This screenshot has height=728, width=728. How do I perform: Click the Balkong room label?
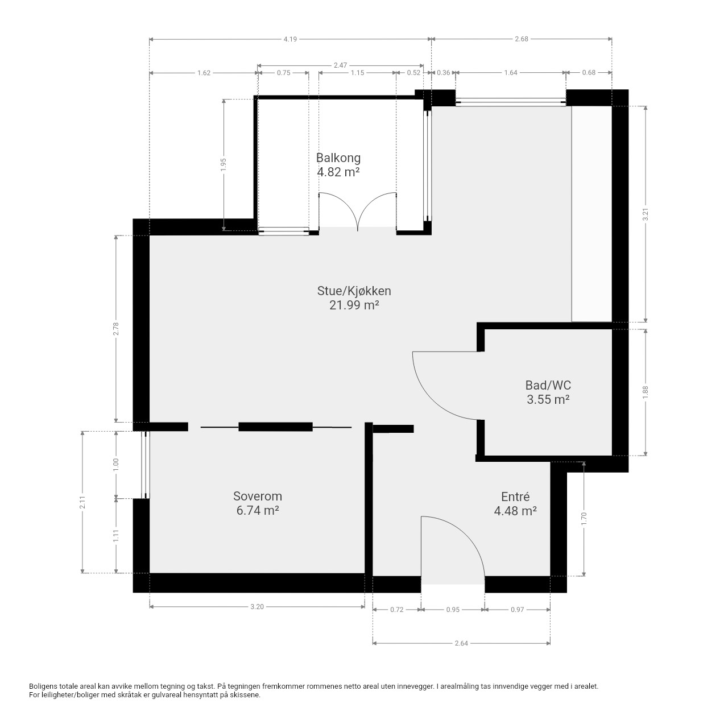pos(338,158)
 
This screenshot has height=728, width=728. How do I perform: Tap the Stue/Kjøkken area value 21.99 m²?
pos(354,305)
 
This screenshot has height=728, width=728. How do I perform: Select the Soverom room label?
pos(258,495)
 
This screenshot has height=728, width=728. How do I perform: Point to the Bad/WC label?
pos(548,385)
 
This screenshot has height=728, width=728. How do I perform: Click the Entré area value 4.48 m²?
pos(515,511)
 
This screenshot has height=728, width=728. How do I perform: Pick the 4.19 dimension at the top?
pos(290,39)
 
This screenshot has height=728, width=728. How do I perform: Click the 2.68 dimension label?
pos(522,39)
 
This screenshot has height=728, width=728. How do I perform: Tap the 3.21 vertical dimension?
pos(646,214)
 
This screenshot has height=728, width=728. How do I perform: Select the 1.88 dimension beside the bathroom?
pos(646,392)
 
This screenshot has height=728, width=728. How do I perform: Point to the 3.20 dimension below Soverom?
pos(257,606)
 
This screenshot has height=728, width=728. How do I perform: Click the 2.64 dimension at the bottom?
pos(461,643)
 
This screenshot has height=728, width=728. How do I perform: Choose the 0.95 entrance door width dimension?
pos(453,609)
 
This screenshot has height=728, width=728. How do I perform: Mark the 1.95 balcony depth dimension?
pos(224,164)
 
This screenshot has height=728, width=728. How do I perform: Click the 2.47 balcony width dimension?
pos(340,65)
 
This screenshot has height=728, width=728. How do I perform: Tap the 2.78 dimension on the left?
pos(116,328)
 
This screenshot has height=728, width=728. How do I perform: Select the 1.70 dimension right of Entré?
pos(584,519)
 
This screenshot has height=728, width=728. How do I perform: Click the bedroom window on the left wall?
pos(146,465)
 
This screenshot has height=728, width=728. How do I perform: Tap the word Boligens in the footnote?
pos(43,686)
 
